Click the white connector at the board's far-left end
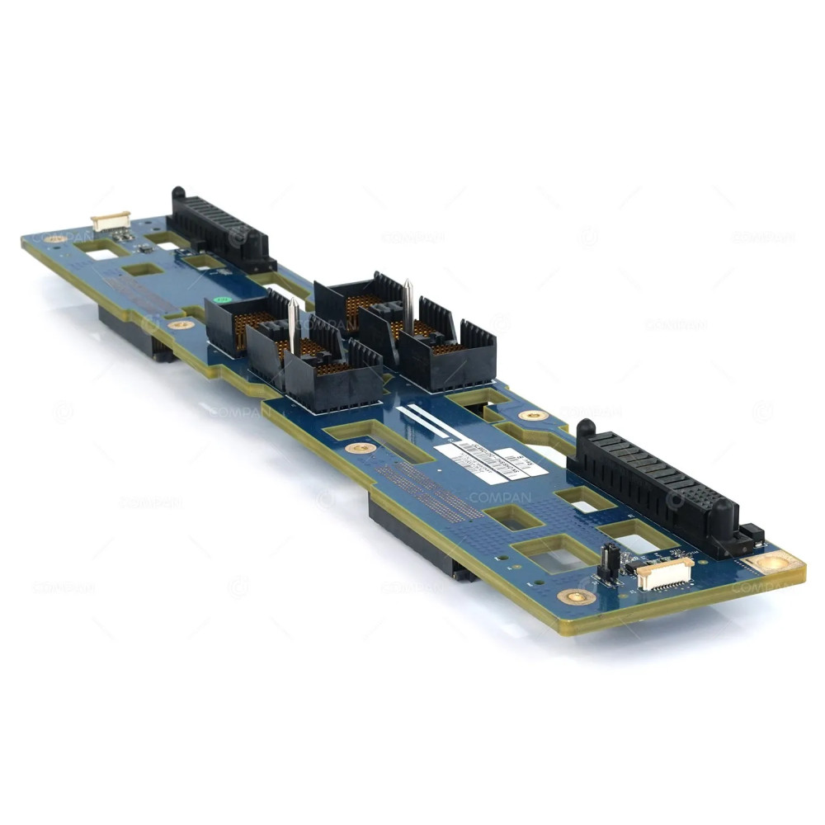[x=111, y=220]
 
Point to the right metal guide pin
[x=408, y=302]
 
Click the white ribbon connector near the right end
[x=664, y=573]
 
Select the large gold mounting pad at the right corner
[x=774, y=563]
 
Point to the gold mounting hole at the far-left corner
[x=55, y=239]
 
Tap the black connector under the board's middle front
[x=421, y=540]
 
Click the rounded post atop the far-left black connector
[x=177, y=194]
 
